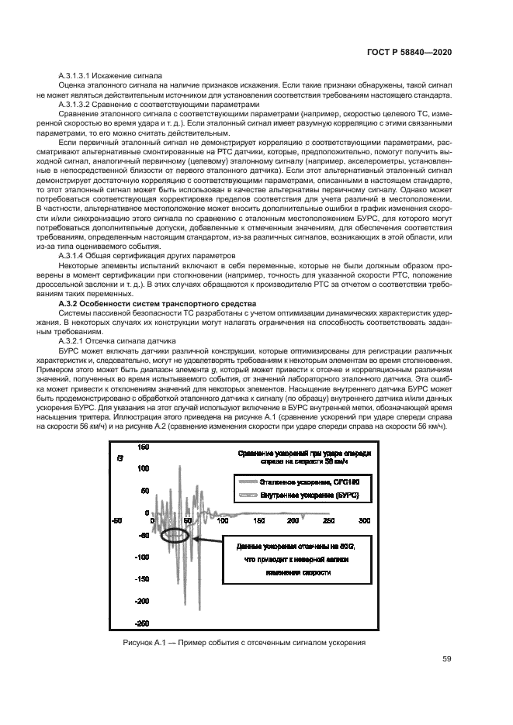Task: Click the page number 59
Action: point(446,660)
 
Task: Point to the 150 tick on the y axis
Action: point(143,447)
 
